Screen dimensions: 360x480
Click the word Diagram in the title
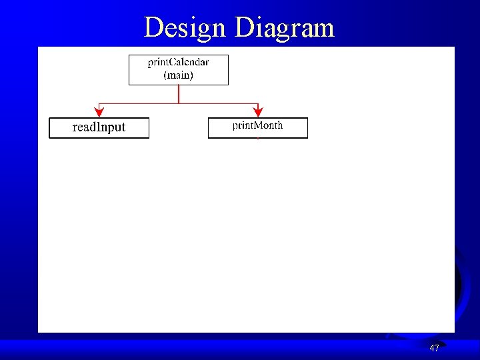point(285,28)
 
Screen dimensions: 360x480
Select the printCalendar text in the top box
point(178,63)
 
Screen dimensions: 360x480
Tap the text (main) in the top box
point(178,75)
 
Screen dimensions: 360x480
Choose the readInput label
point(99,127)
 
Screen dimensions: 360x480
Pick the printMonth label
point(257,125)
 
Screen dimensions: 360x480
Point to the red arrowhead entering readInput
point(99,113)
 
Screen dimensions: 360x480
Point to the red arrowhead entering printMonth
point(259,113)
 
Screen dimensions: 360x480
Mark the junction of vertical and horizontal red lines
point(179,103)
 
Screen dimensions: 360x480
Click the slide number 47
point(434,348)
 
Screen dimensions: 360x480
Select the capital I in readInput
point(97,127)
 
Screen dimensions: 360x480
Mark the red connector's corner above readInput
point(99,103)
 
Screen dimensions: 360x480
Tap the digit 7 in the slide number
point(437,348)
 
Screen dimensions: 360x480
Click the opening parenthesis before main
point(165,75)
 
